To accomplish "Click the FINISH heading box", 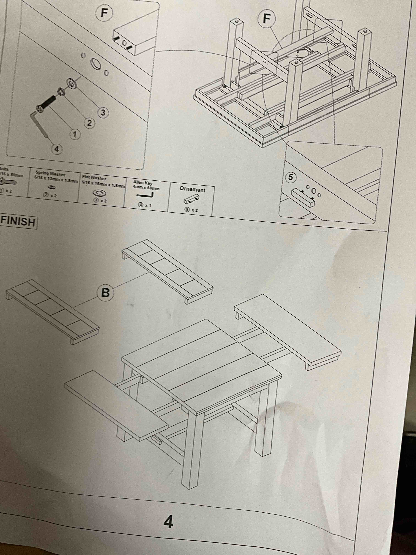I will pyautogui.click(x=19, y=222).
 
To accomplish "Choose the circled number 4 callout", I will pyautogui.click(x=57, y=149).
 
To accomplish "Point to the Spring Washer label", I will pyautogui.click(x=50, y=173).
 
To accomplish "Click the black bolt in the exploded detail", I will pyautogui.click(x=47, y=103).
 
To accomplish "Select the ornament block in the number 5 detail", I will pyautogui.click(x=303, y=198).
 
